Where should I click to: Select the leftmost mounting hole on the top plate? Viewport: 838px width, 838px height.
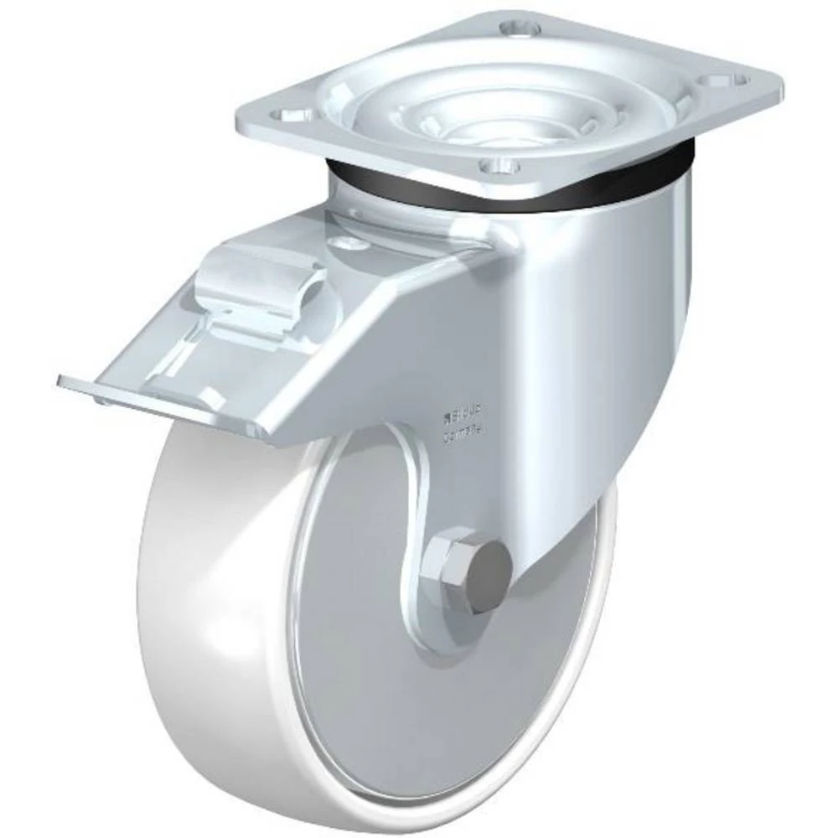pos(299,112)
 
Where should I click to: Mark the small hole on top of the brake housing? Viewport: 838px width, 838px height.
pos(341,243)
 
